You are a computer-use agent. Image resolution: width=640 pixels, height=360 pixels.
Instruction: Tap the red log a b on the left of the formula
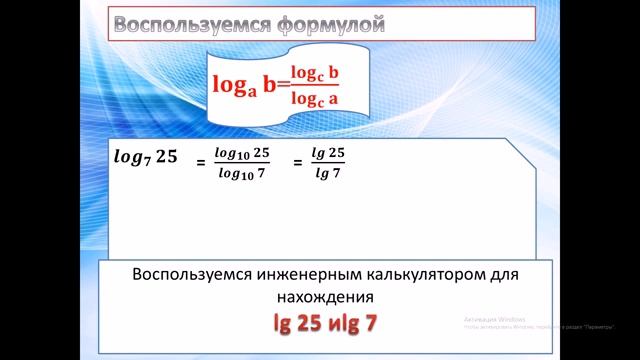(x=243, y=87)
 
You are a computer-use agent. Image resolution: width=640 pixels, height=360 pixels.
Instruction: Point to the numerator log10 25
(x=242, y=151)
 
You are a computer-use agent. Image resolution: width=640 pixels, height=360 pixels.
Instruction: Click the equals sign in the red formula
(x=281, y=87)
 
